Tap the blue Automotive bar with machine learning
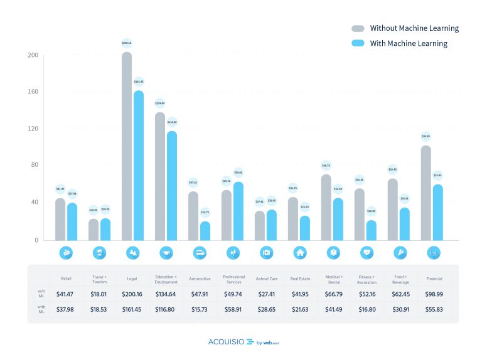coord(205,230)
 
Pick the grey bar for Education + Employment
coord(160,176)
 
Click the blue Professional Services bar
coord(238,211)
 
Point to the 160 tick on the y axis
coord(33,92)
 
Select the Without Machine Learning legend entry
coord(405,28)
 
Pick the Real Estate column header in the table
coord(299,278)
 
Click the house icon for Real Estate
coord(299,253)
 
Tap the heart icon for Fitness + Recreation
coord(367,253)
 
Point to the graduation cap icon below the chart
coord(166,253)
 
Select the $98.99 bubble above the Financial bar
coord(426,136)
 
